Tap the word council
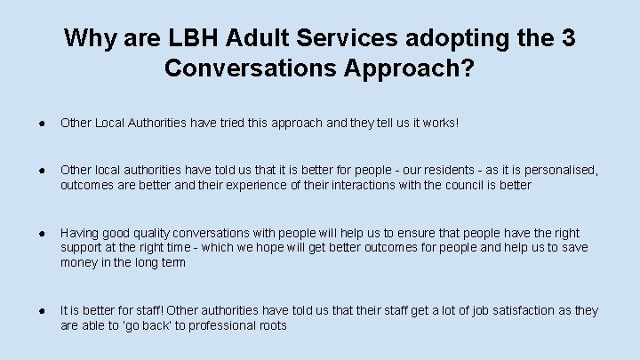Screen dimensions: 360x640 pos(477,185)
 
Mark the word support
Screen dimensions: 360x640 pos(82,247)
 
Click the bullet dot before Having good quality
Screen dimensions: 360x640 pos(43,233)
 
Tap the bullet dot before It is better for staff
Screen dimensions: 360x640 pos(43,310)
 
